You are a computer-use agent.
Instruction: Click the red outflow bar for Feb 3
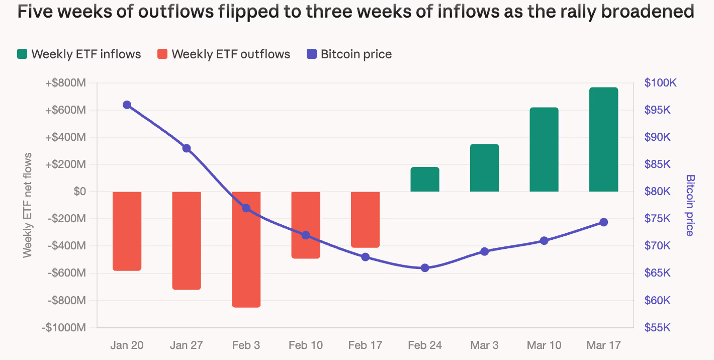[x=246, y=249]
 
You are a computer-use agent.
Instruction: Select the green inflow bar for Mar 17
[x=603, y=139]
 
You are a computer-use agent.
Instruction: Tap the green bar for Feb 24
[x=425, y=179]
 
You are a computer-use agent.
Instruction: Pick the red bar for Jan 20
[x=127, y=231]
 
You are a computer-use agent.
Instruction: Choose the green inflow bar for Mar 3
[x=484, y=168]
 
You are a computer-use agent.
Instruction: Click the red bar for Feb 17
[x=365, y=219]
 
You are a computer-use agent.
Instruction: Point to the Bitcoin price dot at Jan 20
[x=127, y=105]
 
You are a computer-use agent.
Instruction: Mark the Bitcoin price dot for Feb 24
[x=425, y=268]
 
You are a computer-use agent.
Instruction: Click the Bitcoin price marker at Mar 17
[x=603, y=222]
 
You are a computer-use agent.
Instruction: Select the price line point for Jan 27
[x=187, y=148]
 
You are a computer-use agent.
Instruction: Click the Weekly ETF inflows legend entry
[x=79, y=54]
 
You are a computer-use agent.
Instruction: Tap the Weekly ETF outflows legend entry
[x=224, y=54]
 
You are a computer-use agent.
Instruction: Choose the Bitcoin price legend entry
[x=349, y=54]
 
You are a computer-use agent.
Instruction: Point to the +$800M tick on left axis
[x=65, y=83]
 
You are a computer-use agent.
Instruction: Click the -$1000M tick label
[x=65, y=328]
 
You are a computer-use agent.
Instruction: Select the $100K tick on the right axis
[x=661, y=83]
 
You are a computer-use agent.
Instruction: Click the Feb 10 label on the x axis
[x=306, y=345]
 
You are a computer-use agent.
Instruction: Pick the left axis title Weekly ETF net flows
[x=27, y=205]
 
